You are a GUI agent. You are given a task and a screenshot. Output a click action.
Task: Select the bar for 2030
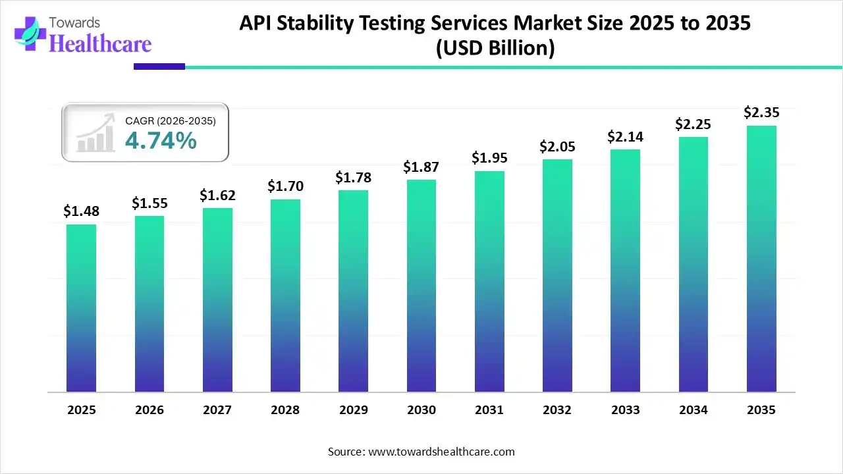421,286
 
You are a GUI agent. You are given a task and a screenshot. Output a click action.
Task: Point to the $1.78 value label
353,177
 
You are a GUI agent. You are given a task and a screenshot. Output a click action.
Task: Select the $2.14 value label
625,136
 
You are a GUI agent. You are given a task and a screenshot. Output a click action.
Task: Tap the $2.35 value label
761,113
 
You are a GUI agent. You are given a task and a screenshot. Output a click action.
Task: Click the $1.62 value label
217,195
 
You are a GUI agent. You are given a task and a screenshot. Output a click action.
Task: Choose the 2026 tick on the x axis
149,410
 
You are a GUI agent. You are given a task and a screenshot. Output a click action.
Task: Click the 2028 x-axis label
285,410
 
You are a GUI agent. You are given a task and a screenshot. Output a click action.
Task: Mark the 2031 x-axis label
489,410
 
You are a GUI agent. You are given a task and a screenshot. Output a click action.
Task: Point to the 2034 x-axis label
693,410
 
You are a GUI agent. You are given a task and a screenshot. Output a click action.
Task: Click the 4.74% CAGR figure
160,140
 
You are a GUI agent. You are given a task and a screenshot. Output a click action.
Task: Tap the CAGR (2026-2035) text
170,120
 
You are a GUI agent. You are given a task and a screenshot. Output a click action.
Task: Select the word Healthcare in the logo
100,43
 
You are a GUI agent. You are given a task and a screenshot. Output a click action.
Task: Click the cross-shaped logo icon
29,33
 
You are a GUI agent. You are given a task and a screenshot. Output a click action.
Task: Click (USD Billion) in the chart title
495,49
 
